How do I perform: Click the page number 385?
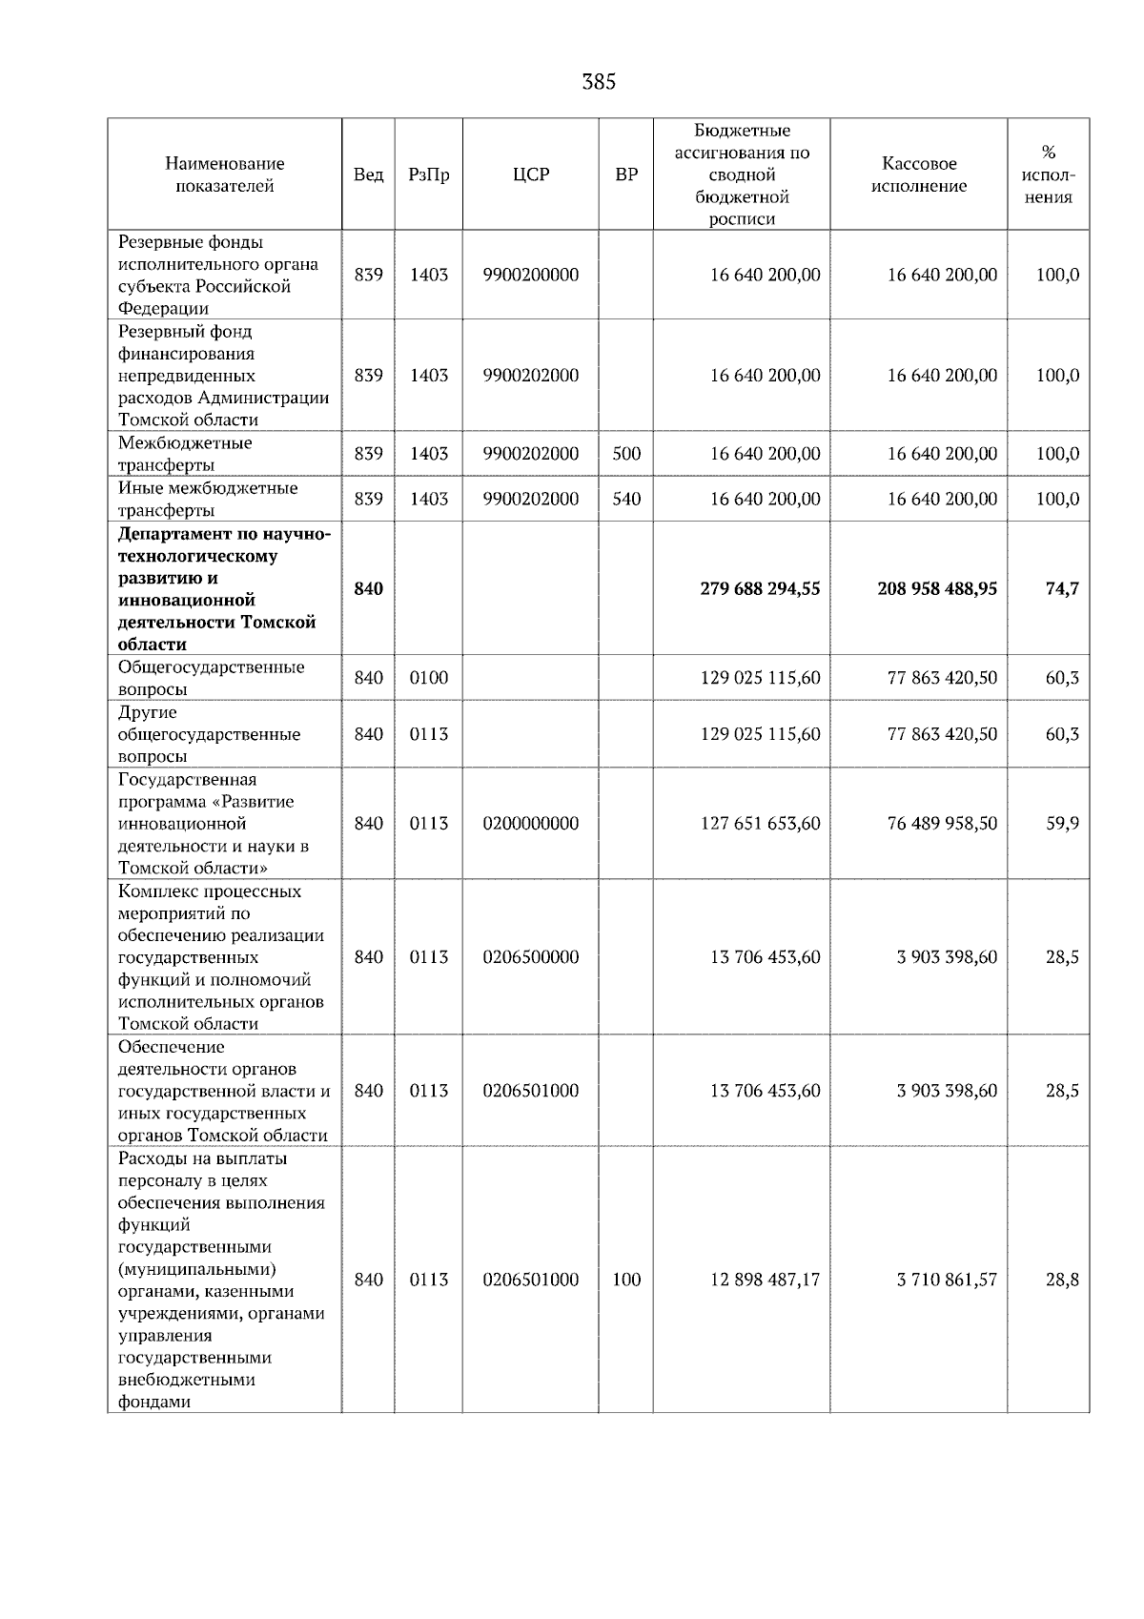(599, 83)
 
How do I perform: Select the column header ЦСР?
(530, 174)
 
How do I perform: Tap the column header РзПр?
(428, 174)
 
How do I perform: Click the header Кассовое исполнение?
(918, 174)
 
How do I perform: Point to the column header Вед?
(368, 174)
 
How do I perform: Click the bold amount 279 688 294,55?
(760, 588)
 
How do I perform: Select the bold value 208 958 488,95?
(937, 588)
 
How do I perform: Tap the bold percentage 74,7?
(1062, 588)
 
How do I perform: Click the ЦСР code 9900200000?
(530, 275)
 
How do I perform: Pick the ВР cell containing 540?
(626, 499)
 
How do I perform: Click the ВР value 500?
(626, 454)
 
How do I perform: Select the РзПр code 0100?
(428, 678)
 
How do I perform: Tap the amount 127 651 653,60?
(760, 823)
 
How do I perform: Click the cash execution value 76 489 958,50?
(942, 823)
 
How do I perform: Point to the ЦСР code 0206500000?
(530, 957)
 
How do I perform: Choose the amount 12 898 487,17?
(765, 1280)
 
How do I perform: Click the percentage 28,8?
(1062, 1280)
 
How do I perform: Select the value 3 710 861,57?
(947, 1280)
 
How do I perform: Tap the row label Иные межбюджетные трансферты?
(208, 499)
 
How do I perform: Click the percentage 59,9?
(1062, 823)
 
